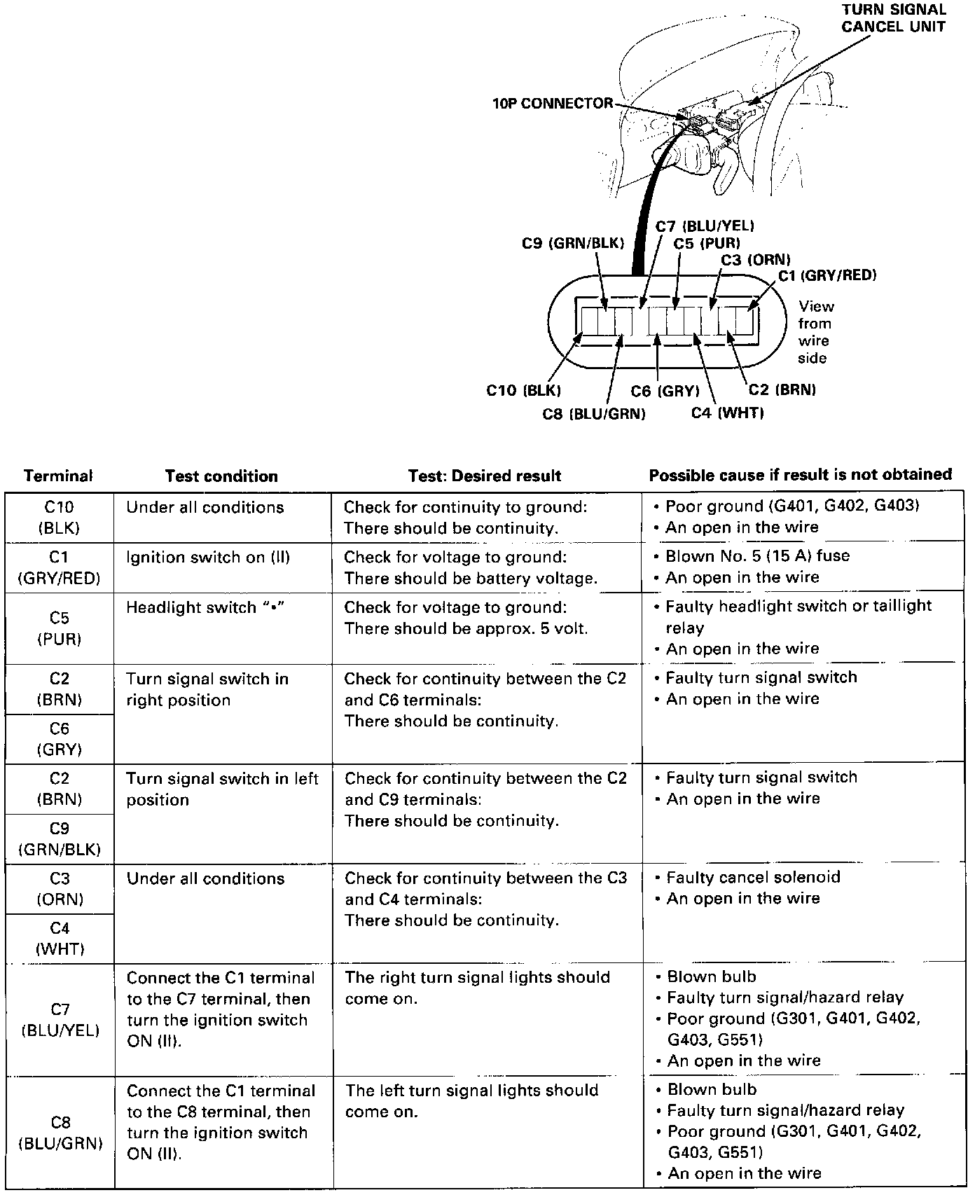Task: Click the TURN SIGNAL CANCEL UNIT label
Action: click(893, 18)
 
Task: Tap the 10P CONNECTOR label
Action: click(552, 104)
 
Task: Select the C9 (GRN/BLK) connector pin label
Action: click(572, 243)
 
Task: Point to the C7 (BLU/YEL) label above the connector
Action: click(705, 226)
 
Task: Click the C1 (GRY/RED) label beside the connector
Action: click(827, 275)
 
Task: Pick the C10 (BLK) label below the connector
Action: click(523, 390)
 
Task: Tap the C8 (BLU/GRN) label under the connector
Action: click(593, 414)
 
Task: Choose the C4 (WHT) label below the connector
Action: click(727, 413)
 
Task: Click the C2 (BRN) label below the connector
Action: click(782, 390)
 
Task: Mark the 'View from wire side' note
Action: click(816, 332)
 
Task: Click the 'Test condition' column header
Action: click(221, 476)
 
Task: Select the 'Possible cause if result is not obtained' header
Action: click(800, 475)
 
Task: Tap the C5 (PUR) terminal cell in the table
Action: click(60, 628)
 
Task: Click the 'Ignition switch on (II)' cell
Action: click(208, 558)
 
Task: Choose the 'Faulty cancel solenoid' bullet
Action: click(753, 877)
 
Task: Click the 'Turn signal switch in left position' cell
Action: click(222, 789)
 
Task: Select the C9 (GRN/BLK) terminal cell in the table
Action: click(60, 839)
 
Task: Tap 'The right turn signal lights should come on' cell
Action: click(477, 988)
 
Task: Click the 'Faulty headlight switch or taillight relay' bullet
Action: click(798, 616)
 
